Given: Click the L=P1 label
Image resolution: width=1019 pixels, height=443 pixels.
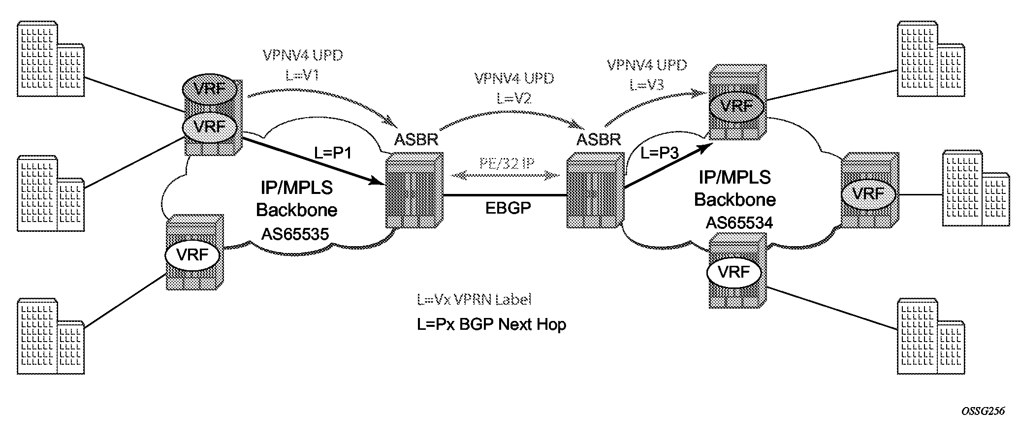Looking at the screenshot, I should click(x=333, y=154).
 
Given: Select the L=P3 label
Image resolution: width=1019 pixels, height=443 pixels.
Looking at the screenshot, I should click(x=660, y=153).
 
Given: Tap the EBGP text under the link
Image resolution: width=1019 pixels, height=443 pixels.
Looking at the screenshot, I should click(x=508, y=208).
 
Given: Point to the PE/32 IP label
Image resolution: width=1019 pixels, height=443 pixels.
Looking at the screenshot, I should click(x=507, y=163).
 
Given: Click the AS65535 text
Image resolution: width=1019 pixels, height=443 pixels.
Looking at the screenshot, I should click(x=294, y=233).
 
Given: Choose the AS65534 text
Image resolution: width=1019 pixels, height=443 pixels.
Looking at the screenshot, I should click(x=739, y=223).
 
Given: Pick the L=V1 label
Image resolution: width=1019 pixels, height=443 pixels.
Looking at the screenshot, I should click(x=302, y=75).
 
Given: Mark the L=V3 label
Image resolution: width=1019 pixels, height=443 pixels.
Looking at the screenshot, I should click(x=646, y=85).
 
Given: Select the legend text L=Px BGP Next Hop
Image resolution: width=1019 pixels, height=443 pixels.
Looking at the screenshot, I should click(x=491, y=324).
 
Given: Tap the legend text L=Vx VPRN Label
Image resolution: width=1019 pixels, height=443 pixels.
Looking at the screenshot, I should click(x=474, y=299).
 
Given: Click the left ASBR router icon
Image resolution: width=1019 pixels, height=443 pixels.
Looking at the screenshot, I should click(x=414, y=190).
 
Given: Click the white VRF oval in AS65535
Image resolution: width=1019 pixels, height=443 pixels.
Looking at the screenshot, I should click(x=192, y=255).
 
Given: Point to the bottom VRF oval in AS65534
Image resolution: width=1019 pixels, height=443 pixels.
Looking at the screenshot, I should click(x=733, y=272).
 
